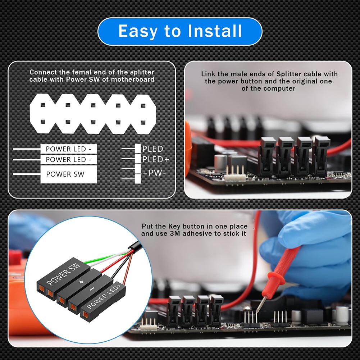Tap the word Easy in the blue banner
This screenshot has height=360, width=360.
pos(138,31)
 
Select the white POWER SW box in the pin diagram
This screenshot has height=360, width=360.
pos(68,174)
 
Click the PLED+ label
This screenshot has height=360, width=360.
pos(155,159)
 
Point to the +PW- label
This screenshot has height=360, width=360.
pos(154,173)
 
